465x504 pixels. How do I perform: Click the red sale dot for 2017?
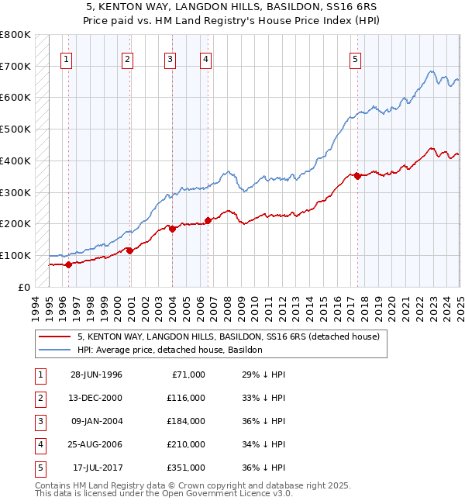357,176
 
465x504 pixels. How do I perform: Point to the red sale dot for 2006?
208,220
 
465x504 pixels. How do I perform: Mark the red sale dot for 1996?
68,264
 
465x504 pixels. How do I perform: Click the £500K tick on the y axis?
15,129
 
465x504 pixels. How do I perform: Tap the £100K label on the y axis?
15,255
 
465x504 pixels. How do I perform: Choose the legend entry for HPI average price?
170,350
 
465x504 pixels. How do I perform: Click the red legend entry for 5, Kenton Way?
228,337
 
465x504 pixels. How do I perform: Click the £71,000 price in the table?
186,375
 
